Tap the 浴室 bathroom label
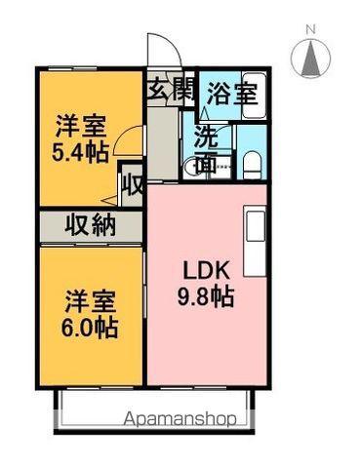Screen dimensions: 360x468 (232, 94)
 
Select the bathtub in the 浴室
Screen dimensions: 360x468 (255, 97)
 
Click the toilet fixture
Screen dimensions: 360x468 (252, 165)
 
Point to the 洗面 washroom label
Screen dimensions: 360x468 (207, 149)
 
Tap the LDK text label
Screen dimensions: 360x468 (207, 270)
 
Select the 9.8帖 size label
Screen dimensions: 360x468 (206, 296)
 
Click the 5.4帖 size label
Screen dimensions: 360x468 (80, 152)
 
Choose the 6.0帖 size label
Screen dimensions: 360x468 (90, 328)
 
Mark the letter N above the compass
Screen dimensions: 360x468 (311, 30)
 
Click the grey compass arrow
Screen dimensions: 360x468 (310, 58)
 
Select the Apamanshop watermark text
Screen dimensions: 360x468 (180, 419)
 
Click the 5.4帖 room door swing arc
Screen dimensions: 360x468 (121, 135)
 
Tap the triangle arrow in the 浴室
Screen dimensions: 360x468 (204, 113)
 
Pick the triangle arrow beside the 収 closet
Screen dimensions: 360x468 (109, 201)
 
